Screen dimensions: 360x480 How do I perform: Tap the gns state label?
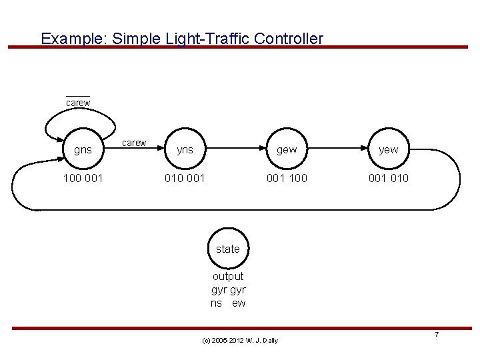tap(83, 150)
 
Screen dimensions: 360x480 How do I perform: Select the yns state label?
tap(185, 150)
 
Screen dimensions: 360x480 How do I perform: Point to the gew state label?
tap(287, 150)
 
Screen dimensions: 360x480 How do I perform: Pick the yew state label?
tap(388, 150)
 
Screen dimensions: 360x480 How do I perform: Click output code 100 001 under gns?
tap(83, 179)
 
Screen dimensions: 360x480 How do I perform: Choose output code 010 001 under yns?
tap(185, 179)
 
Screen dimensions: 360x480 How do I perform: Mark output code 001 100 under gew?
tap(287, 179)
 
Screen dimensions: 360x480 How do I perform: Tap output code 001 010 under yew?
tap(389, 179)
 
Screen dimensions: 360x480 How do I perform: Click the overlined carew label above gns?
tap(78, 103)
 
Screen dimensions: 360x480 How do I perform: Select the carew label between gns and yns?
tap(135, 143)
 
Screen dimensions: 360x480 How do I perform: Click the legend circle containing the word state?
tap(228, 249)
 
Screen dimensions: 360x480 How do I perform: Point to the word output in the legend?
tap(228, 276)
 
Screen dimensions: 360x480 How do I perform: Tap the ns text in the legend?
tap(217, 303)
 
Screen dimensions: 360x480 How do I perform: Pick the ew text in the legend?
tap(239, 303)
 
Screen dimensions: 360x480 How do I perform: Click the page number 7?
tap(437, 334)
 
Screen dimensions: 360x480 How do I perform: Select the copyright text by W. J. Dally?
tap(239, 341)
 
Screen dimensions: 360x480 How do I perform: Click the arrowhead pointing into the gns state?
tap(57, 157)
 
